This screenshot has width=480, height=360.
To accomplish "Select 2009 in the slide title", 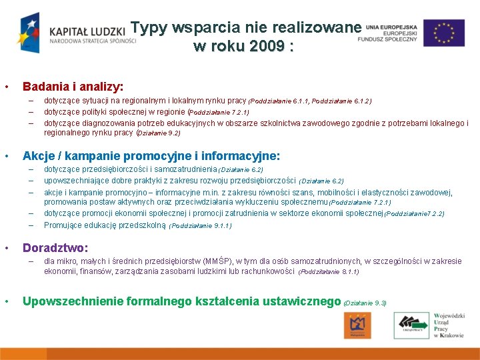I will point(265,47).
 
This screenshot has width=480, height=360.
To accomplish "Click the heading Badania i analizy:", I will point(73,87).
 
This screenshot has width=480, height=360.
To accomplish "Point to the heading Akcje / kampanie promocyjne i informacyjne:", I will point(151,156).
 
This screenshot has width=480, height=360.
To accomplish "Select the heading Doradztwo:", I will point(55,247).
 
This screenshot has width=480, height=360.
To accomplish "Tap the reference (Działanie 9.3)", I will point(365,303).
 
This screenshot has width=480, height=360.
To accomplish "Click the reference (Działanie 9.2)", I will point(158,133).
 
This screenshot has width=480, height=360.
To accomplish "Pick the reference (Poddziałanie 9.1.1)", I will point(200,226).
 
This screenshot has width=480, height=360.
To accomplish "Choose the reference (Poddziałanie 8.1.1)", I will point(329,272).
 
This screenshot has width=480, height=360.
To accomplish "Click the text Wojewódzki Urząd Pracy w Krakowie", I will point(448,325).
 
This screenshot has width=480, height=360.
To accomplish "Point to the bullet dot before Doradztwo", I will point(6,248).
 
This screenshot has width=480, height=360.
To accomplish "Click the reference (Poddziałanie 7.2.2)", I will point(414,214).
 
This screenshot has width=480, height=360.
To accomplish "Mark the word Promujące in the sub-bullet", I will point(61,225).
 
